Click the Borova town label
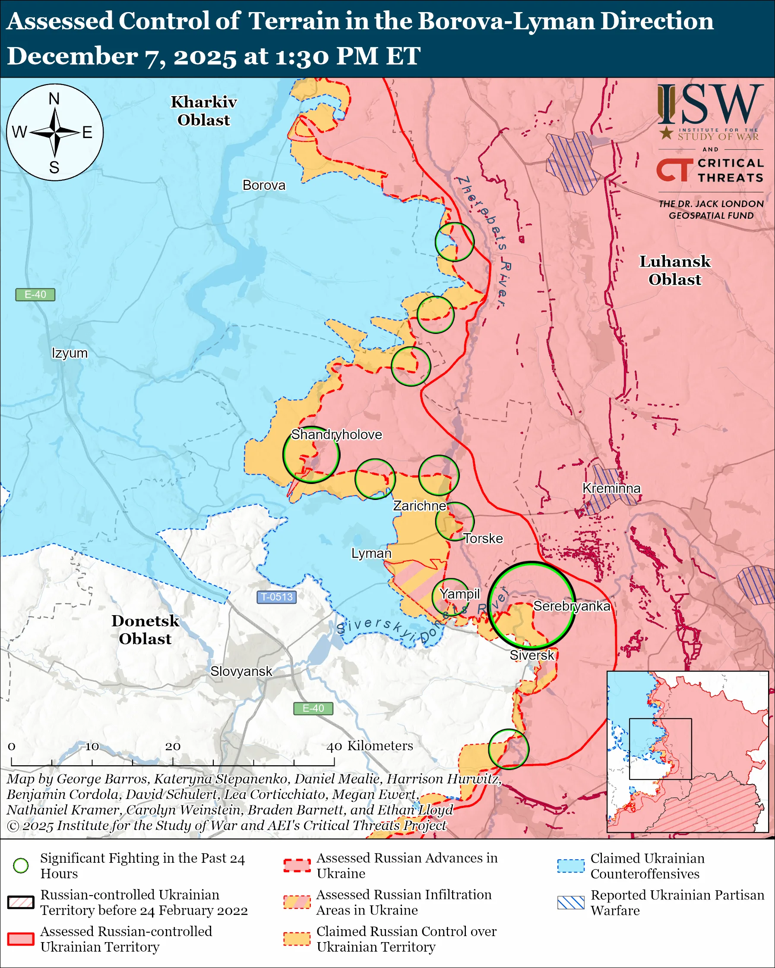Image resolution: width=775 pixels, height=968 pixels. coord(264,185)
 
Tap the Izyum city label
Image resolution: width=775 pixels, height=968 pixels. coord(70,353)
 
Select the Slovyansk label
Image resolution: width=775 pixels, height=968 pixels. coord(241,671)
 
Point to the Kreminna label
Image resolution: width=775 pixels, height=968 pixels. coord(611,488)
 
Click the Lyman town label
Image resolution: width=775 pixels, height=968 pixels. coord(371,553)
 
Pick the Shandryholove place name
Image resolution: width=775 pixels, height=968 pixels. coord(336,434)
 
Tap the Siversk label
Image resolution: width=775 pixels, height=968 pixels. coord(531,655)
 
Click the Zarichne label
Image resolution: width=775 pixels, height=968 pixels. coord(420,506)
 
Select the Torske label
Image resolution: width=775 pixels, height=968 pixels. coord(483,538)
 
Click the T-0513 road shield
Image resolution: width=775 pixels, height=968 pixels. coord(277,597)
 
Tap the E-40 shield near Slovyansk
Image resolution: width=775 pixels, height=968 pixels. coord(313,708)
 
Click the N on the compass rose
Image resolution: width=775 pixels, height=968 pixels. coord(54,99)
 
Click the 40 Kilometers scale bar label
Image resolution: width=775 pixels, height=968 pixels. coord(369,746)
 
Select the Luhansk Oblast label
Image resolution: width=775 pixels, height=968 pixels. coord(674,270)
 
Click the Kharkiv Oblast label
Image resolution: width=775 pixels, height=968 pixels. coord(203,111)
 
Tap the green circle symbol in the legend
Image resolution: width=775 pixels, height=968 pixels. coord(21,865)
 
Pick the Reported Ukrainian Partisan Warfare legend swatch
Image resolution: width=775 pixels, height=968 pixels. coord(571,902)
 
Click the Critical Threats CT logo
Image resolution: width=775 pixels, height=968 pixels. coord(674,170)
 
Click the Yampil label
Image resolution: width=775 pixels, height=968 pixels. coord(460,594)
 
